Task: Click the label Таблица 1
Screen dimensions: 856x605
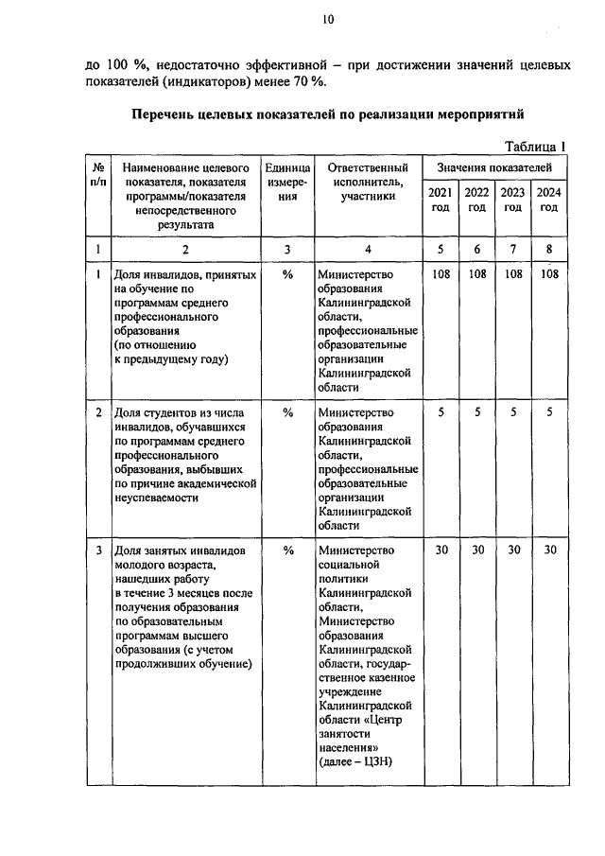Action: [x=534, y=146]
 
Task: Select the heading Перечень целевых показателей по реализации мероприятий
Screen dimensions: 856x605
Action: [x=326, y=114]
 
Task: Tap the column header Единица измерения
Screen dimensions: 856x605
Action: [x=288, y=182]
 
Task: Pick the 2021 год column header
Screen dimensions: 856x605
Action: [x=441, y=200]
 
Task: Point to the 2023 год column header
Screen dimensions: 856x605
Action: [x=512, y=200]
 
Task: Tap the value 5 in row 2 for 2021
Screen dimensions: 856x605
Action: [x=441, y=412]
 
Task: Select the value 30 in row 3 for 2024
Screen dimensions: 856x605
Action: [x=549, y=550]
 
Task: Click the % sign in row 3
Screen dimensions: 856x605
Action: [x=288, y=550]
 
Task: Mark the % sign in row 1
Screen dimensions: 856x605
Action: [x=288, y=274]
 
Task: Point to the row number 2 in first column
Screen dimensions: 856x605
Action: [x=98, y=412]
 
